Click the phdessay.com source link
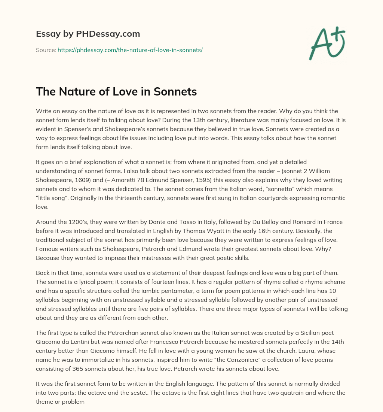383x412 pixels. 130,50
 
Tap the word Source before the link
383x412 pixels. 46,50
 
